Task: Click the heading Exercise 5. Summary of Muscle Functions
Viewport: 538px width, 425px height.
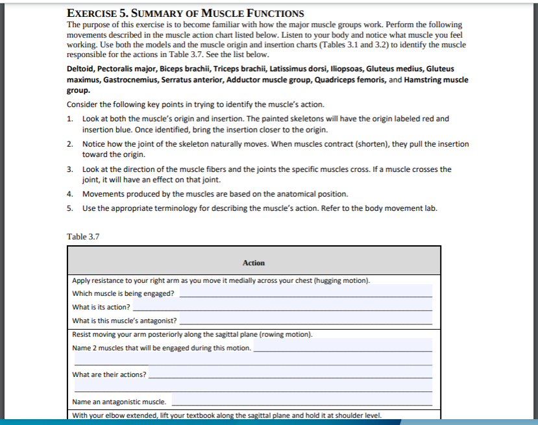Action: [x=185, y=12]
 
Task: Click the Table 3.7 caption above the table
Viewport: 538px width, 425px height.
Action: [x=83, y=236]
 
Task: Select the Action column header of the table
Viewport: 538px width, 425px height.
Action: [x=253, y=263]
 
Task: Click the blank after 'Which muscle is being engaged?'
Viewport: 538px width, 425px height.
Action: [x=305, y=293]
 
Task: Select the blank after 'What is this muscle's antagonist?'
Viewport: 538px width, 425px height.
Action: [x=305, y=321]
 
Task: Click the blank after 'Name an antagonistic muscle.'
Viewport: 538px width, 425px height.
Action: [x=302, y=402]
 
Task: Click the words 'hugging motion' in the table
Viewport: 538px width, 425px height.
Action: [x=345, y=280]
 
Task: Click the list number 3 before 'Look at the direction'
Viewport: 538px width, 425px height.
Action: [x=69, y=169]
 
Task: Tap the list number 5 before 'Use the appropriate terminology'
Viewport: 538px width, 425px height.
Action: [x=69, y=208]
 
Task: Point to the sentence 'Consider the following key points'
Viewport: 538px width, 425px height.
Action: [x=195, y=104]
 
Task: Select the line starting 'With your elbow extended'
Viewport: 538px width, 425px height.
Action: [x=226, y=415]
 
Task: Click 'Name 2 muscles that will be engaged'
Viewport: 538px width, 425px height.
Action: [x=162, y=348]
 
